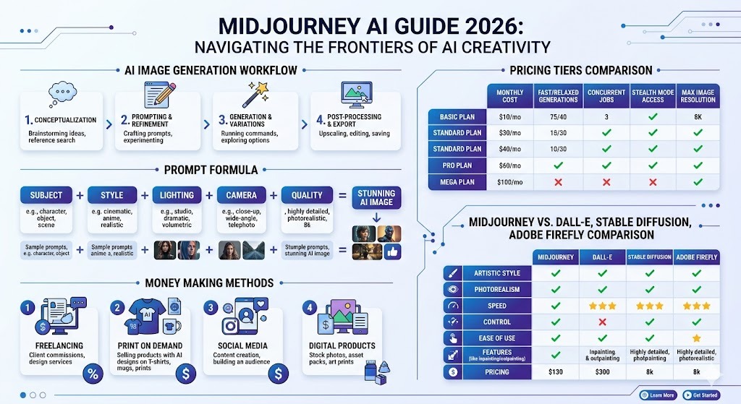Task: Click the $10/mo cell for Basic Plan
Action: [x=509, y=116]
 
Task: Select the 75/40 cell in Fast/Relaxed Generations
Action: [x=557, y=116]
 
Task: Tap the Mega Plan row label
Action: [x=455, y=181]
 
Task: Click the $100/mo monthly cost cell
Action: [x=509, y=181]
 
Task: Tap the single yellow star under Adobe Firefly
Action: [x=696, y=338]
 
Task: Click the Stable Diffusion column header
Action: [x=649, y=257]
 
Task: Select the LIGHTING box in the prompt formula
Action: [x=177, y=195]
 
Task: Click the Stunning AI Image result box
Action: [x=376, y=198]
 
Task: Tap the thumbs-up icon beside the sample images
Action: [x=394, y=251]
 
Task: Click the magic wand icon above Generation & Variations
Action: [x=256, y=93]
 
